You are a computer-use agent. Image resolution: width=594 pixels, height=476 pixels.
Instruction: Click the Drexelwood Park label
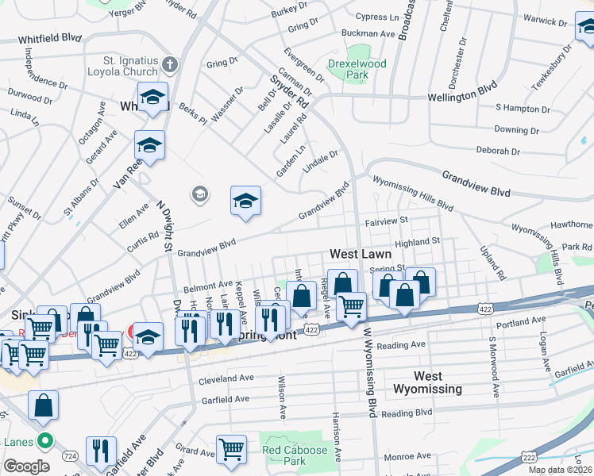pos(347,69)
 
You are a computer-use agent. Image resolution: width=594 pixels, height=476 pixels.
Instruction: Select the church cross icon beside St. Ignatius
pos(169,63)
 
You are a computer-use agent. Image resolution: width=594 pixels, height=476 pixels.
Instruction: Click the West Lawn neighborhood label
pos(361,255)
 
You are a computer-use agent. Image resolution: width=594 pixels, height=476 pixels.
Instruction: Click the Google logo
pos(26,466)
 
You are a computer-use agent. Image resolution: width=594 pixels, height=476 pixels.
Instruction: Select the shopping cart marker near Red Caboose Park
pos(231,450)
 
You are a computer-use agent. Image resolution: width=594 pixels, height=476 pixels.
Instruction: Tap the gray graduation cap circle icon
pos(199,194)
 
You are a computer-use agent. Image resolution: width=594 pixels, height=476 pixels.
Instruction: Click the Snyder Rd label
pos(288,88)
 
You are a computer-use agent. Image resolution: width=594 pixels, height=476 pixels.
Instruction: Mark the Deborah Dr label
pos(497,151)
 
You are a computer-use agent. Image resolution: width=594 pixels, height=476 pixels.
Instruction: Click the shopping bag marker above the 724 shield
pos(43,405)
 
